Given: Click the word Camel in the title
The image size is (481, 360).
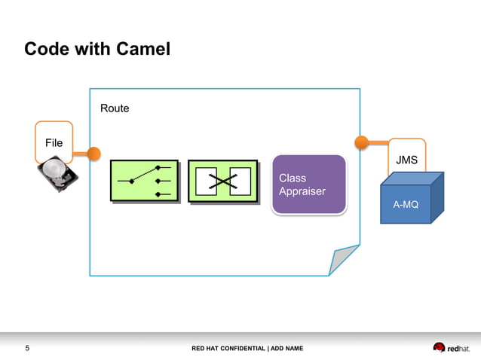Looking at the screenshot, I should (143, 50).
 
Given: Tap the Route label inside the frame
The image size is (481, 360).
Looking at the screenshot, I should (115, 108).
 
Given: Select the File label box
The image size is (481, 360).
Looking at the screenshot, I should (54, 142).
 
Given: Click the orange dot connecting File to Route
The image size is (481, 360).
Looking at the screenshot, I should (93, 154).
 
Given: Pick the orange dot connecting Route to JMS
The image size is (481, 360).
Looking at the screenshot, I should (361, 141).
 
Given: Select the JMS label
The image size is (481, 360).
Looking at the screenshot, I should (407, 160).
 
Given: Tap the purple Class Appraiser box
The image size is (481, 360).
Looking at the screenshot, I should (309, 185).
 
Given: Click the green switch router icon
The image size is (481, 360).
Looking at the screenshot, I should (144, 181).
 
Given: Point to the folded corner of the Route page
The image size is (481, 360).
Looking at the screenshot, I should (343, 261).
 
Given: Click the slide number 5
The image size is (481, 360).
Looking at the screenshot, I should (28, 348).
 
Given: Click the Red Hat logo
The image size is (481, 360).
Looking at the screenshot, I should (450, 347).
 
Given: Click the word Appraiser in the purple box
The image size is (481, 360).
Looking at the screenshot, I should (302, 191).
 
